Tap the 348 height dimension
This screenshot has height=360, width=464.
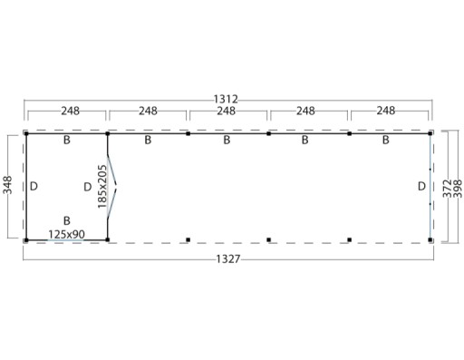click(x=7, y=186)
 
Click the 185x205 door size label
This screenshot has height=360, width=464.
click(x=101, y=186)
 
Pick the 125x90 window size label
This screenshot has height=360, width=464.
click(x=66, y=234)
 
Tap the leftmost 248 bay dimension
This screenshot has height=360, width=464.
click(x=67, y=112)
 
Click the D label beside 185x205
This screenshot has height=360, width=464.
click(x=86, y=187)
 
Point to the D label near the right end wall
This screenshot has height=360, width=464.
click(x=421, y=186)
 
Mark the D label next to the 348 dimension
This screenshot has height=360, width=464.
click(x=34, y=186)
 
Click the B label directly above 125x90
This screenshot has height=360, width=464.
click(x=66, y=220)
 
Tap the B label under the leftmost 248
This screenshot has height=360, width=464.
click(x=66, y=141)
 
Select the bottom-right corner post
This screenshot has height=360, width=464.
click(x=430, y=239)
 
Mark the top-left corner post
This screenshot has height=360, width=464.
click(x=27, y=134)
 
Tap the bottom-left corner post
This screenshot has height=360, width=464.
click(x=27, y=239)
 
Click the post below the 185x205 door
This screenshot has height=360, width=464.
click(x=108, y=239)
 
